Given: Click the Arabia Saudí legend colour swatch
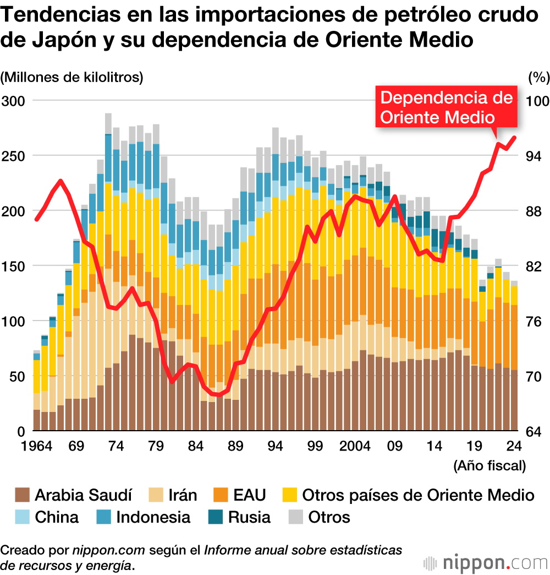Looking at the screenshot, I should (x=22, y=495).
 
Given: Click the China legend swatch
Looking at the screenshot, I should (x=22, y=518).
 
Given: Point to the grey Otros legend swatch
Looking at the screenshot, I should (x=295, y=518).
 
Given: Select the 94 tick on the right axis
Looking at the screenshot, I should (x=534, y=156).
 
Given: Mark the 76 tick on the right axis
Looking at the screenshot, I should (x=534, y=321).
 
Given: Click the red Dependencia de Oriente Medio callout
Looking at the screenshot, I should (x=446, y=107).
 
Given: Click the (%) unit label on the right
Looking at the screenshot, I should (x=538, y=77).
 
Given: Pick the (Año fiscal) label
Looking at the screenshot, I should (x=490, y=466).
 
